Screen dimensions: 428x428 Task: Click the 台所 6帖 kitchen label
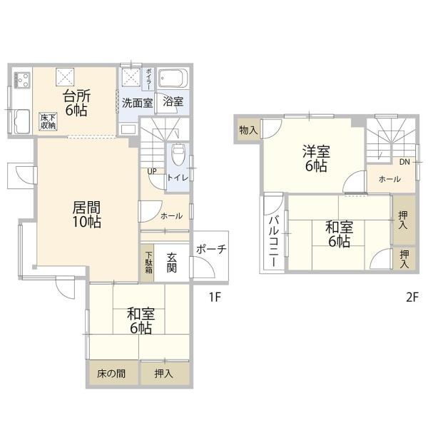click(x=76, y=103)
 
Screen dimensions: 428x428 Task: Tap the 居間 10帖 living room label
click(x=86, y=215)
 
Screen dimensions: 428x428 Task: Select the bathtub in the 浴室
click(x=173, y=78)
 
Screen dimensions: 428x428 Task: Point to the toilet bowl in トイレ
click(x=178, y=155)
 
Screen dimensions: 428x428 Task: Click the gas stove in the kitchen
click(x=22, y=80)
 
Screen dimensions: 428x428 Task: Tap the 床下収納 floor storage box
click(x=48, y=121)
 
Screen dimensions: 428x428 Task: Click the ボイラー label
click(x=149, y=79)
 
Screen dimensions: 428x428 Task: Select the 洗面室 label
click(x=137, y=103)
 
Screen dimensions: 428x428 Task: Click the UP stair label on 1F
click(x=152, y=171)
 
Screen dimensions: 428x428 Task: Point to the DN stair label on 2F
click(x=404, y=162)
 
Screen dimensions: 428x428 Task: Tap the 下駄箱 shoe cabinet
click(x=148, y=263)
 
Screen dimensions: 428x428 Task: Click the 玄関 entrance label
click(x=172, y=263)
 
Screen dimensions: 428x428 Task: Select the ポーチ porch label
click(x=211, y=249)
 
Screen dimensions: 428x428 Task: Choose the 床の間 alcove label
click(x=111, y=373)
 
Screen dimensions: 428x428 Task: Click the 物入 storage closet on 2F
click(x=248, y=130)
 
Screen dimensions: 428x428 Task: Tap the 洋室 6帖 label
click(x=316, y=158)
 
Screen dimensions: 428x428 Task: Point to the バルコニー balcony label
click(x=274, y=241)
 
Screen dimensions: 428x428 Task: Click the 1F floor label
click(x=215, y=297)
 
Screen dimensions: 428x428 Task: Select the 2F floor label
click(x=412, y=297)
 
